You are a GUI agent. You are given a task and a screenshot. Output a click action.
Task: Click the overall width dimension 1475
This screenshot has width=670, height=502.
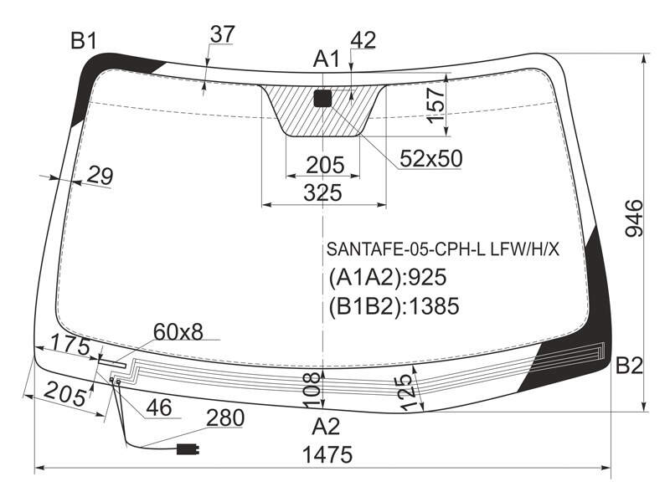[327, 454]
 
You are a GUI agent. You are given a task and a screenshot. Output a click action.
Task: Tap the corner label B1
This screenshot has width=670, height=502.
[84, 41]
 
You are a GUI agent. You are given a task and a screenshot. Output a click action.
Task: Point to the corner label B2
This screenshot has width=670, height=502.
[629, 366]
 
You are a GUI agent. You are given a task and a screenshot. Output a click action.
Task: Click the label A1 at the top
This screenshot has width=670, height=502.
[327, 59]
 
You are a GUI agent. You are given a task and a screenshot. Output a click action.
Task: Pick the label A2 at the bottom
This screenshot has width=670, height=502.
[326, 426]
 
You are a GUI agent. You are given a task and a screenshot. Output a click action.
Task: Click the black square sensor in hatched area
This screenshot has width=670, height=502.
[322, 98]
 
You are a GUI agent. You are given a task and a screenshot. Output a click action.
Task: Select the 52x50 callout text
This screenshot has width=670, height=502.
[431, 159]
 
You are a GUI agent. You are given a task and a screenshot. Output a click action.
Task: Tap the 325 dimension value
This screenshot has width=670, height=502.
[323, 192]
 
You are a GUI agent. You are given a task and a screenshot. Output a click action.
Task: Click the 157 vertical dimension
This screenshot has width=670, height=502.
[436, 105]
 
